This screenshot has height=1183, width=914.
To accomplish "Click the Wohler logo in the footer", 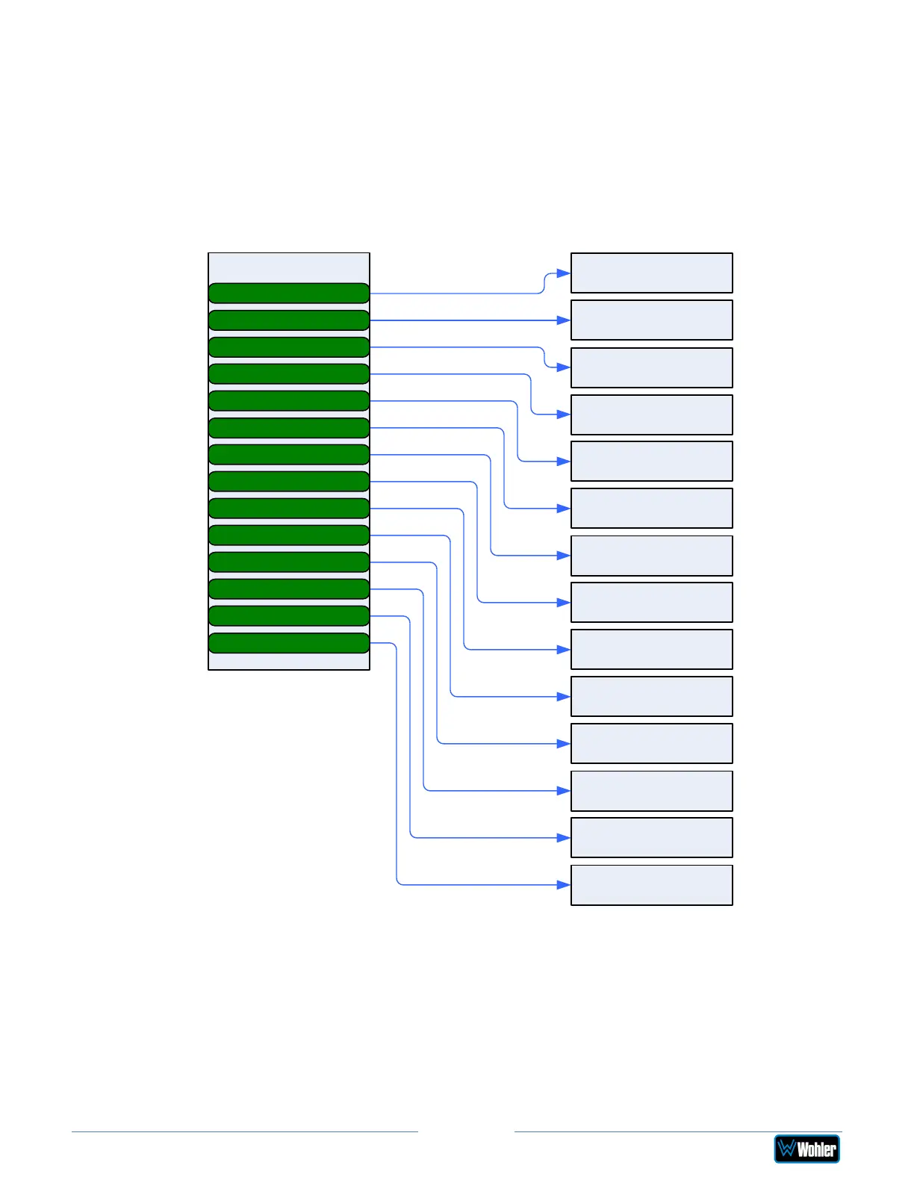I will (x=806, y=1149).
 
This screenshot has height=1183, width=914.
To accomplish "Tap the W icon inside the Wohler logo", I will (x=786, y=1149).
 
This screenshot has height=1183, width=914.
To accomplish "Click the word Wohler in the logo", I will (x=817, y=1149).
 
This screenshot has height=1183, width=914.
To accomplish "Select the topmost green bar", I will (x=289, y=294).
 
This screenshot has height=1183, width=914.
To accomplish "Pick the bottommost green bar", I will (x=289, y=643).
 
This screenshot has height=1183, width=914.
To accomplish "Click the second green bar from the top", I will (x=289, y=320).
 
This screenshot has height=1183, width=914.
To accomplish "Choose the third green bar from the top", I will (x=289, y=347).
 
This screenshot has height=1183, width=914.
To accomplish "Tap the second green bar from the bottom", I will (x=289, y=616).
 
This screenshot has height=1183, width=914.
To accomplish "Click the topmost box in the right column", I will (x=651, y=273).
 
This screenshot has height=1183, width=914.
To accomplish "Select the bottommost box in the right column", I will (x=651, y=885).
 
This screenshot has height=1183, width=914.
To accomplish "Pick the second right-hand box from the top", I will (x=651, y=320).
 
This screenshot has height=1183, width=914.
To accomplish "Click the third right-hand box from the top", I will (x=651, y=367).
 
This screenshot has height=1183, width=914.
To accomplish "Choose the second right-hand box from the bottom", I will (x=651, y=837).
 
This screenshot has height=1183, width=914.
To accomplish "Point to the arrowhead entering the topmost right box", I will (x=565, y=273).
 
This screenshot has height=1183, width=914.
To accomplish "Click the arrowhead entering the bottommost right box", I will (x=565, y=885).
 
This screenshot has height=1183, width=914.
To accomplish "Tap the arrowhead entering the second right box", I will (x=565, y=320).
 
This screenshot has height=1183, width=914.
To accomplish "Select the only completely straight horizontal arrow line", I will (x=463, y=320).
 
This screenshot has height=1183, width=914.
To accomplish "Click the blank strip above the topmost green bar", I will (x=289, y=267).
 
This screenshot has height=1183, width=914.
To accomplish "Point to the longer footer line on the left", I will (x=244, y=1131).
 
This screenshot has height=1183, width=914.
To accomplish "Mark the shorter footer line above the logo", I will (x=677, y=1131).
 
